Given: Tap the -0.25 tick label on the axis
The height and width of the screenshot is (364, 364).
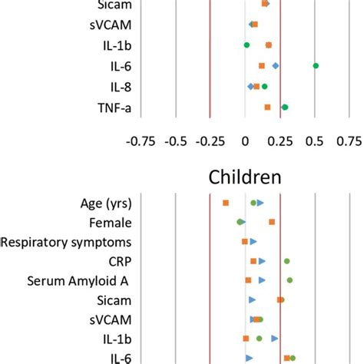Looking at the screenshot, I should coord(209,141).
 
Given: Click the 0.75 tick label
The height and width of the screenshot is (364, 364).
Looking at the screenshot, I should coord(349,141).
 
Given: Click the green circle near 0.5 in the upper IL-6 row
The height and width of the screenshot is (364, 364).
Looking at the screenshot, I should coord(316,66).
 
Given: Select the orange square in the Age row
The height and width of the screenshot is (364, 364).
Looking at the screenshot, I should coord(226,203).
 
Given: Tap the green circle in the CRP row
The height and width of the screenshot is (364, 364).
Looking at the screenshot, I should coord(287,261).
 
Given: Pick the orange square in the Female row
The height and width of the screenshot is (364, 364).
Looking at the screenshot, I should coord(272,222).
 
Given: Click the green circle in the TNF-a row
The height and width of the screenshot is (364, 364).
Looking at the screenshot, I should coord(285,107).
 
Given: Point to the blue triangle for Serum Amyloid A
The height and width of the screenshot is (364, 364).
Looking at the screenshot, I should coord(262,280).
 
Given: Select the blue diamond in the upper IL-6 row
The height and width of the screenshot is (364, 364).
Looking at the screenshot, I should coord(276,66).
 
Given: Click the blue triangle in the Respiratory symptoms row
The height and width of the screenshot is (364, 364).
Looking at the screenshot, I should coord(253,242).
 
